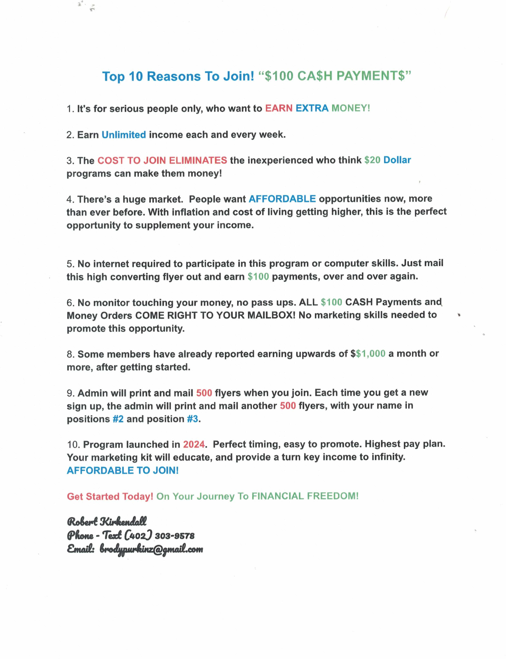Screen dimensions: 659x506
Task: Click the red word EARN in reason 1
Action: tap(279, 108)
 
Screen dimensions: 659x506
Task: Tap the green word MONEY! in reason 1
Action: tap(351, 108)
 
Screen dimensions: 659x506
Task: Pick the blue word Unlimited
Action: tap(123, 135)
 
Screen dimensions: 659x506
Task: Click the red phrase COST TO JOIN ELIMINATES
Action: tap(162, 160)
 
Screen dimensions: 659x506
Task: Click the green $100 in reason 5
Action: tap(258, 277)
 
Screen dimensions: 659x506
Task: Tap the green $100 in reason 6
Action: tap(331, 302)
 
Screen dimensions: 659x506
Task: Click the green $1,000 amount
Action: tap(370, 354)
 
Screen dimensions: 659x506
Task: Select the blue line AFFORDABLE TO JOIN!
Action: tap(123, 470)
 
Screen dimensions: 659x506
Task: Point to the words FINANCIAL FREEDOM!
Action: tap(305, 496)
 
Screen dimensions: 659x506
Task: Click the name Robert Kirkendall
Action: tap(107, 521)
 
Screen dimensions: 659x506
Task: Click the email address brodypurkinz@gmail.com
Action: tap(151, 549)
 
